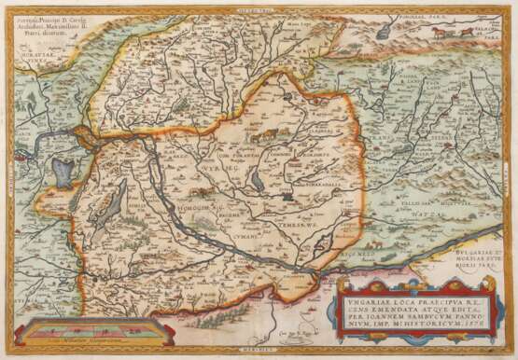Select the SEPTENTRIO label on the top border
pyautogui.click(x=258, y=8)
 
